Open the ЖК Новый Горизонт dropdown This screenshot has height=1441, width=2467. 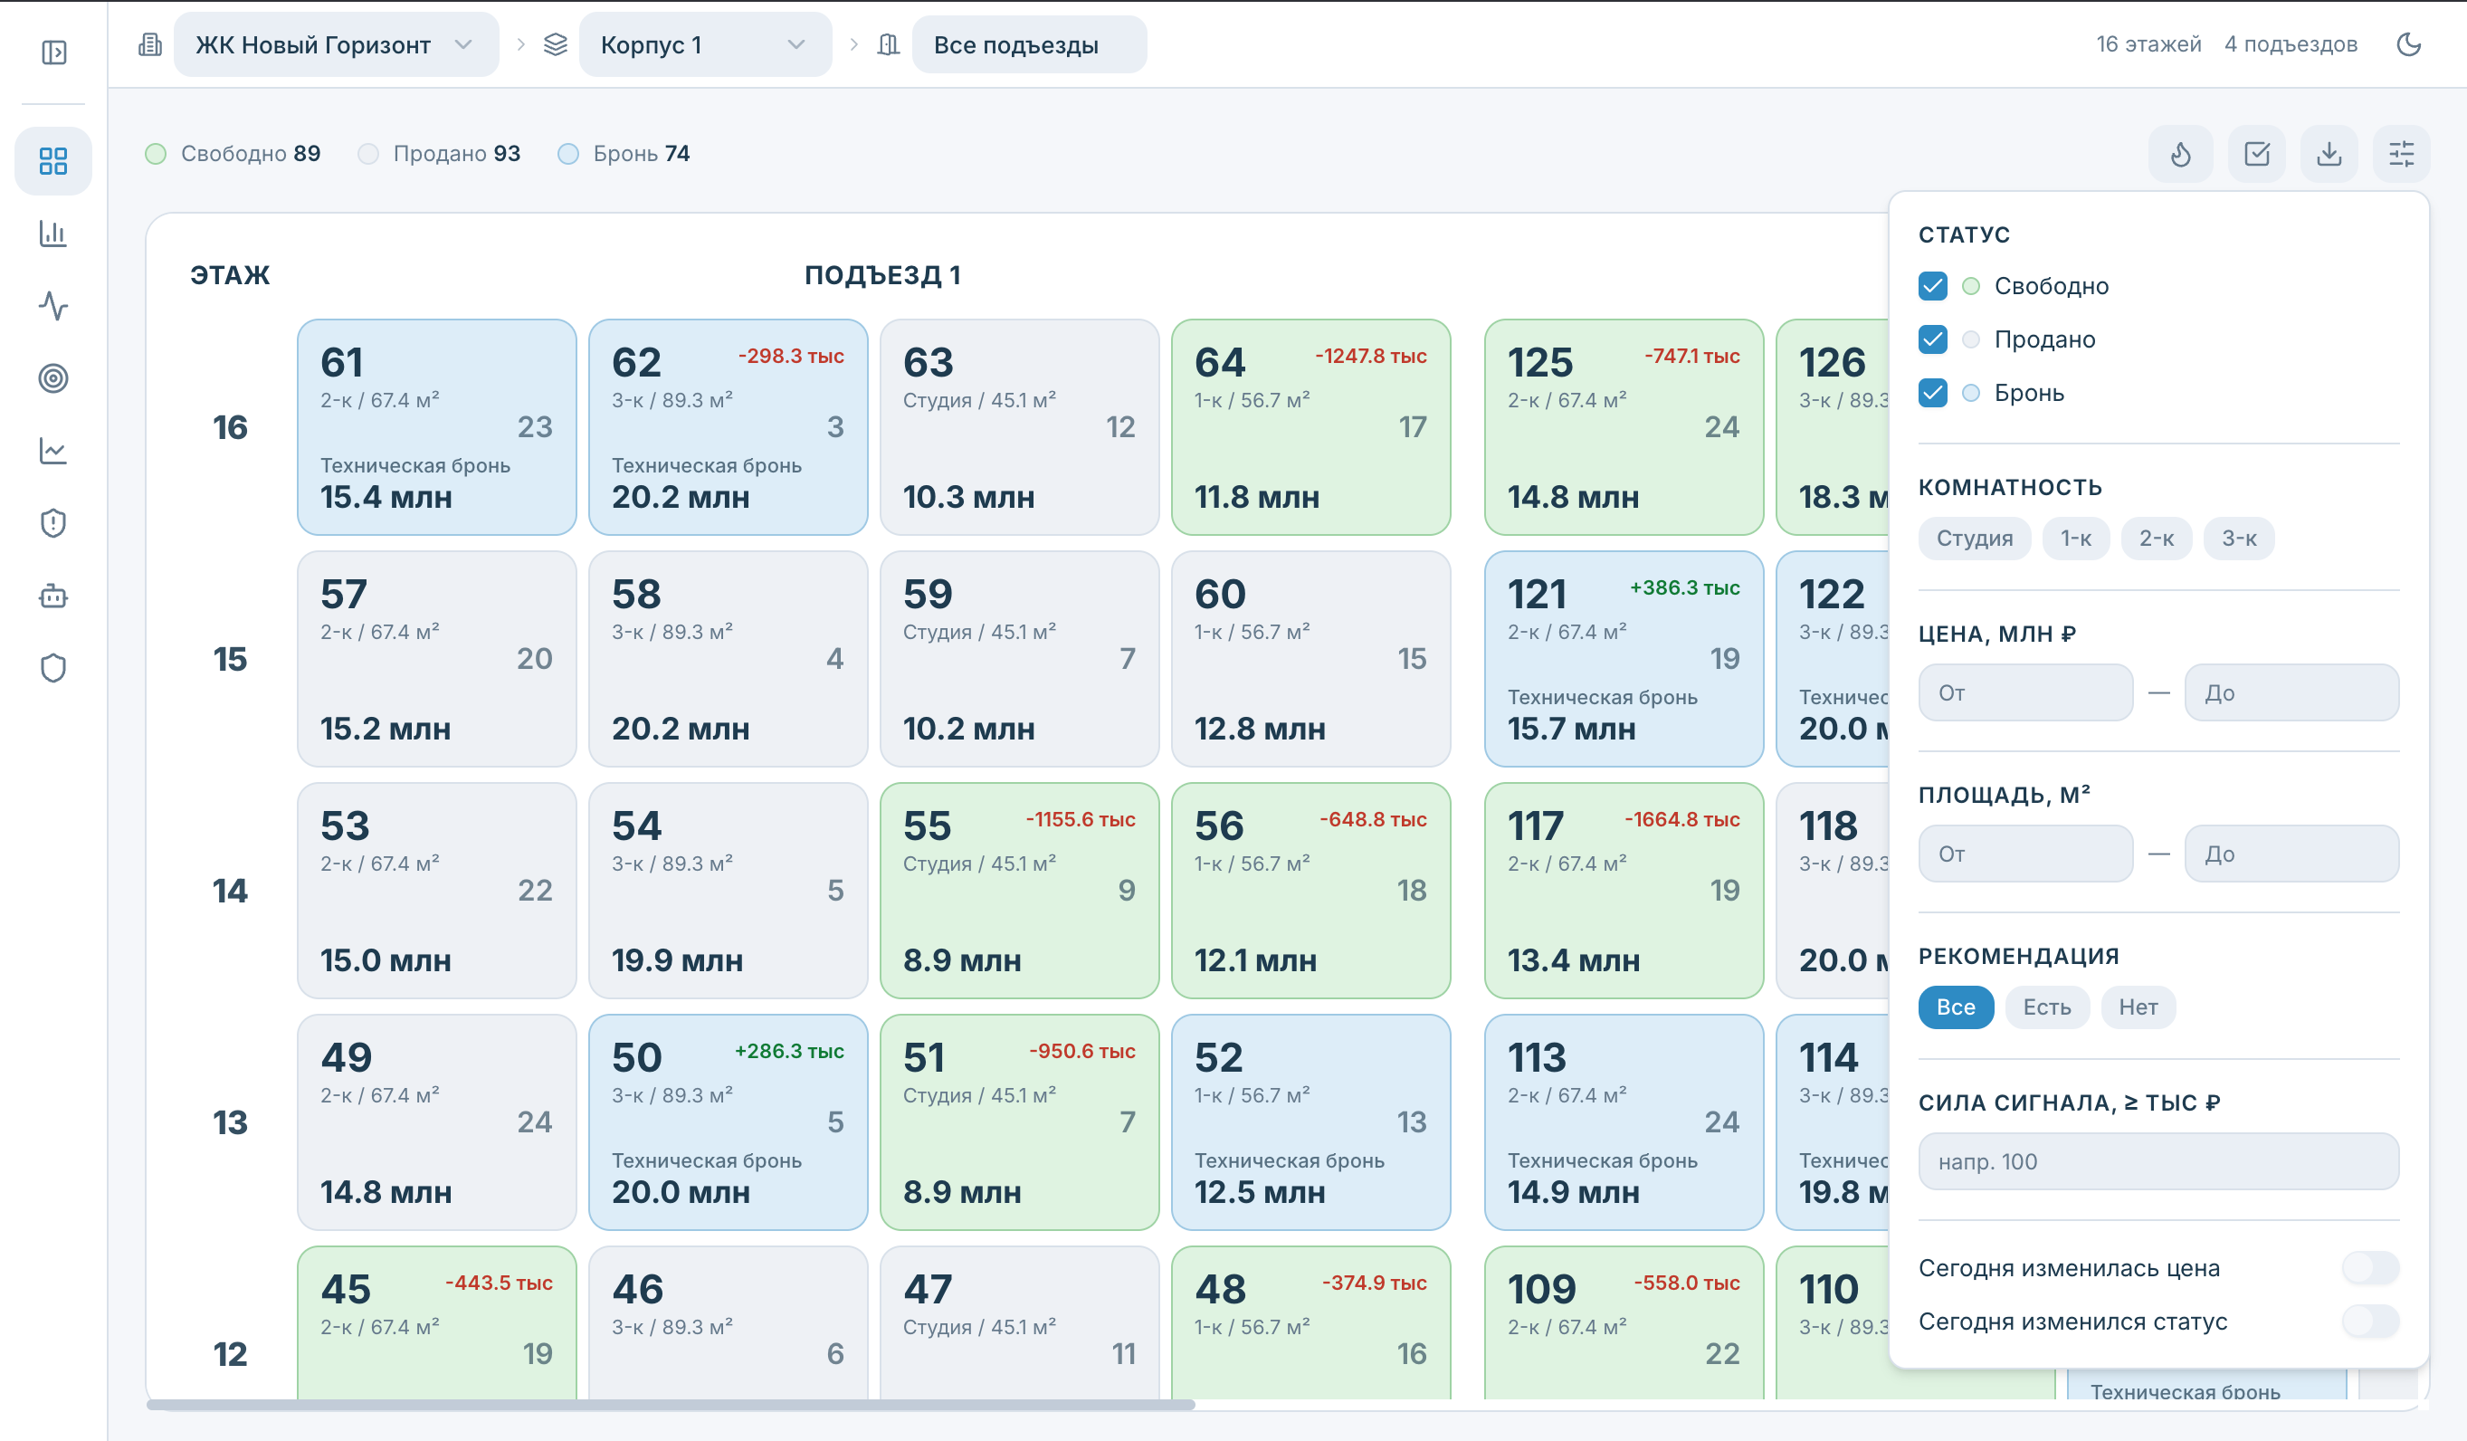(335, 45)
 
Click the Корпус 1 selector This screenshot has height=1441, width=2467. (704, 45)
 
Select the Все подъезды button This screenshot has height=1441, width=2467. (1028, 45)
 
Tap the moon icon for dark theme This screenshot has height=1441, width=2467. (2408, 44)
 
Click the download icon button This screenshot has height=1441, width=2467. (2329, 154)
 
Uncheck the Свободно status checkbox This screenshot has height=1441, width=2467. (1932, 286)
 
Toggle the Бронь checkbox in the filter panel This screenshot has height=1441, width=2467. (1932, 393)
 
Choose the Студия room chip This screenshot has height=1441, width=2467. (1974, 539)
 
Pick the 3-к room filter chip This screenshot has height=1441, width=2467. (2238, 539)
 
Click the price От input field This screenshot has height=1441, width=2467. (2025, 693)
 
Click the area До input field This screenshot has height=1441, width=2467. (2291, 854)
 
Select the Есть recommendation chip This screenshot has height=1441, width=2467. (2046, 1007)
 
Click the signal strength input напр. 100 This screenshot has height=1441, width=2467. (2158, 1162)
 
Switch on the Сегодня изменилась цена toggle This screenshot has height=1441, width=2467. (2370, 1269)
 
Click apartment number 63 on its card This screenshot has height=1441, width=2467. (927, 363)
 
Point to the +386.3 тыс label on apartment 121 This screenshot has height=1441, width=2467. (1684, 588)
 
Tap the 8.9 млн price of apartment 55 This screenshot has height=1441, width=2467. (961, 960)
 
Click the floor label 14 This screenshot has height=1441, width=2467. (230, 891)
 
